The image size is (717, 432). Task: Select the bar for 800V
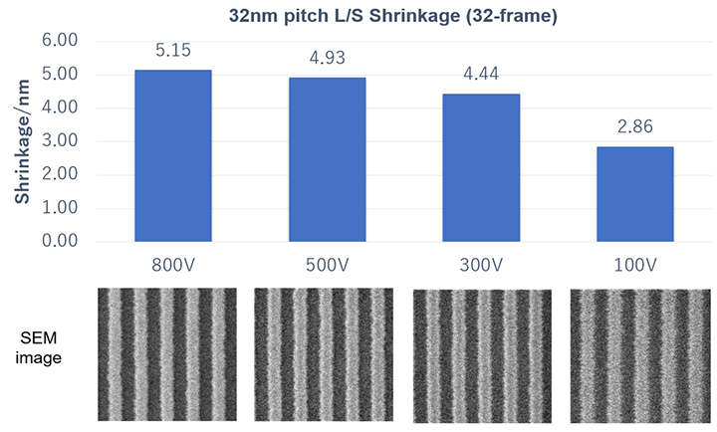coord(172,155)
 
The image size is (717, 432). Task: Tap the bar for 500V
coord(327,159)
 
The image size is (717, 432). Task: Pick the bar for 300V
coord(481,167)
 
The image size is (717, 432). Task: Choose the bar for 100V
coord(635,194)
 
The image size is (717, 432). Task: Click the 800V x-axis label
coord(172,265)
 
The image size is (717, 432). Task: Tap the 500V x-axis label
coord(327,265)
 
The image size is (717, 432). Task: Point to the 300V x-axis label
coord(481,265)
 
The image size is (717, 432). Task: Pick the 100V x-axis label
coord(635,265)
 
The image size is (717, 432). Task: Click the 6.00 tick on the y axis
coord(87,41)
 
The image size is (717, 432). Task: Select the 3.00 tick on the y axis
coord(87,141)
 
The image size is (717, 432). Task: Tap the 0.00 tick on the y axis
coord(87,242)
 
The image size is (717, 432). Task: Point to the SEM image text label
coord(40,348)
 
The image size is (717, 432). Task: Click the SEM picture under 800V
coord(167,353)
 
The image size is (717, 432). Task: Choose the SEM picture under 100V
coord(638,354)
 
